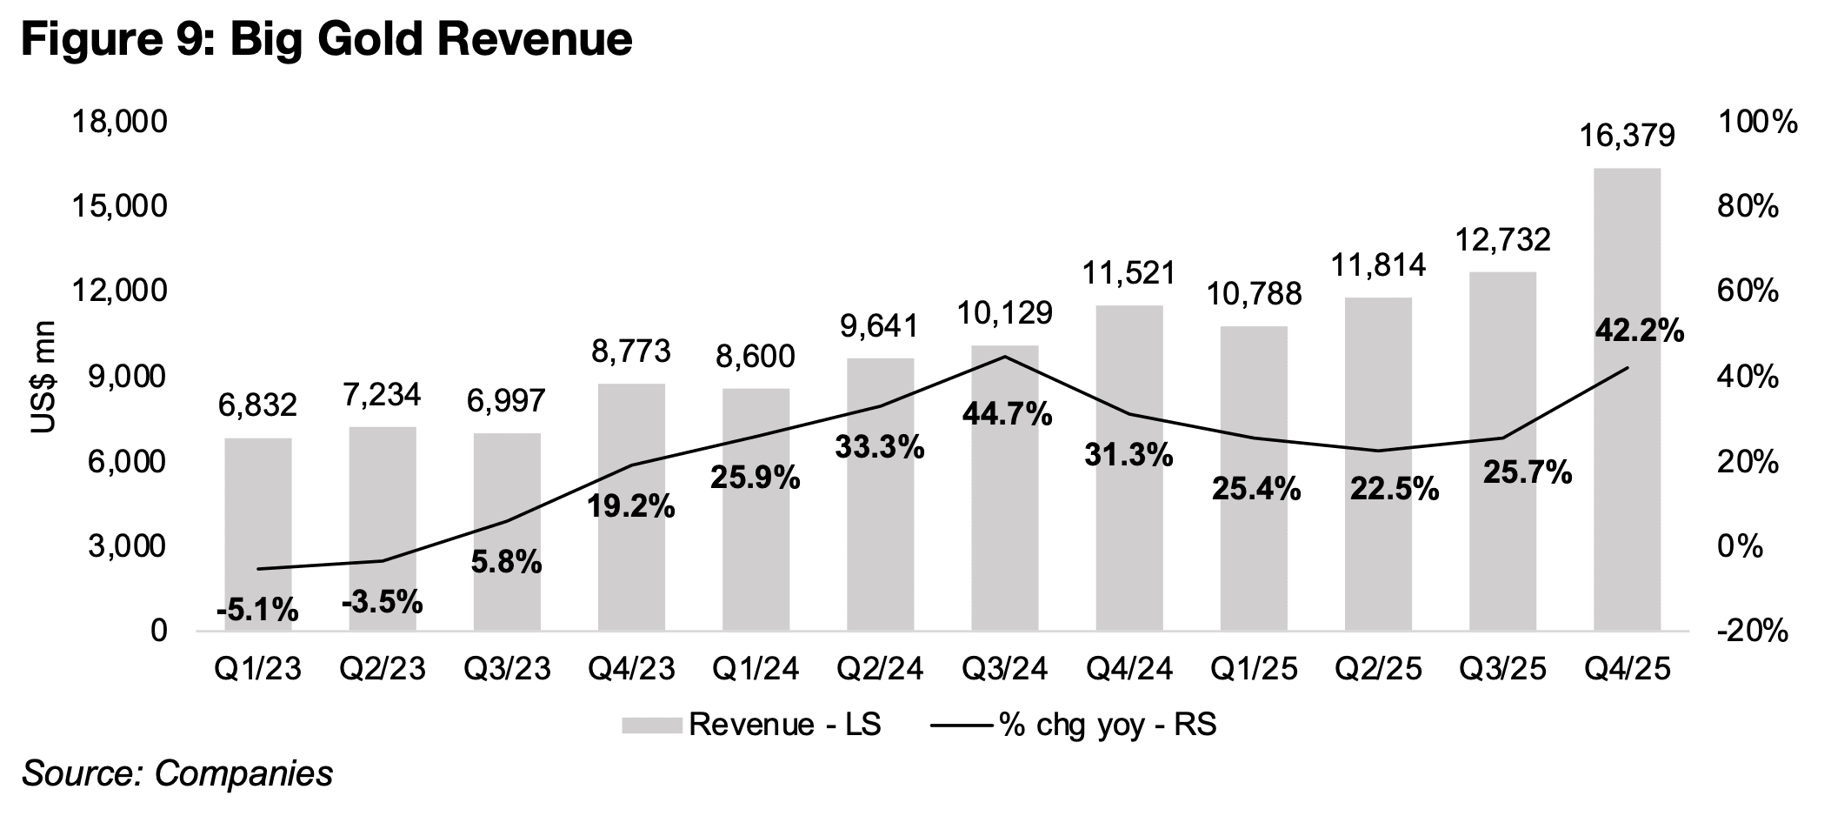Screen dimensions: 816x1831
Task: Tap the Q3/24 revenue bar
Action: click(x=1005, y=487)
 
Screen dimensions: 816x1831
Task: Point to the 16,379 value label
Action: click(x=1628, y=136)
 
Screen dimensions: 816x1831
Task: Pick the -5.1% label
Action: click(x=257, y=611)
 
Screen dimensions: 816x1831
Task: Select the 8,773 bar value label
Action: click(x=630, y=351)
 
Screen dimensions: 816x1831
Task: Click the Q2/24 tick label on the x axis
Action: click(x=880, y=669)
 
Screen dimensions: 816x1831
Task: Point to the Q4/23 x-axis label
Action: click(x=630, y=669)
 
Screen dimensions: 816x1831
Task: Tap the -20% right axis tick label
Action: click(x=1751, y=632)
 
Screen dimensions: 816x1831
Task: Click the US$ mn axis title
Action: click(x=43, y=378)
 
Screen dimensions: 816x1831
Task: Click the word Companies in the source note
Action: click(x=244, y=773)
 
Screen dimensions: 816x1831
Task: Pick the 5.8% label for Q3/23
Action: click(x=506, y=563)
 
